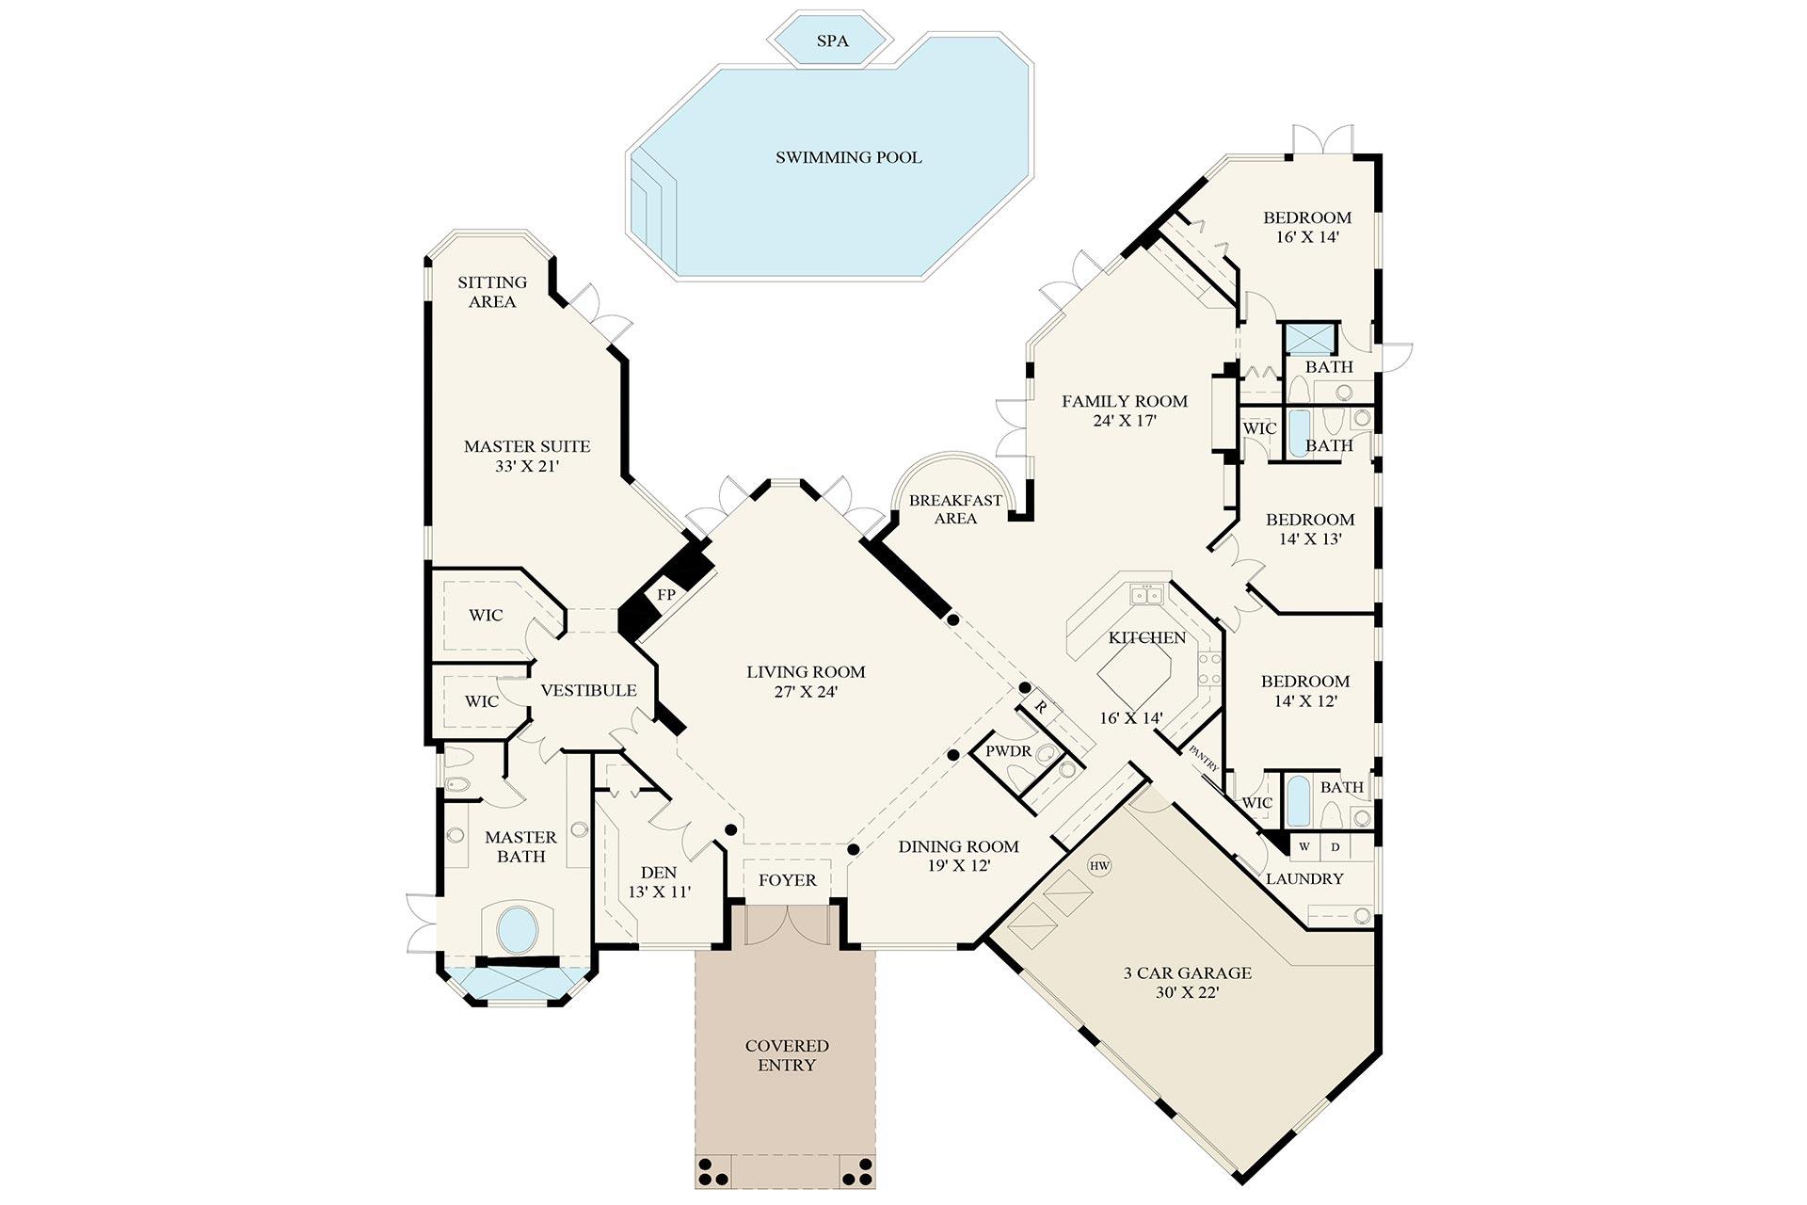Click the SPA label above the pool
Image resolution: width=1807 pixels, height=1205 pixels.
tap(832, 41)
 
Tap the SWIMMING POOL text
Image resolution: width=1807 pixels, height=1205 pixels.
tap(848, 157)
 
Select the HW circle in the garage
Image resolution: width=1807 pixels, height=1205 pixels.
tap(1099, 865)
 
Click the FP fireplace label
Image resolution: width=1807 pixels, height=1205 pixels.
tap(666, 595)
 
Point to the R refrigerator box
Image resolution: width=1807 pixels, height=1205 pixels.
tap(1041, 706)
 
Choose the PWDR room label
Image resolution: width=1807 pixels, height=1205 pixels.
tap(1008, 752)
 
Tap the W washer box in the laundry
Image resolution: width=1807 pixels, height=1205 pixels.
tap(1304, 846)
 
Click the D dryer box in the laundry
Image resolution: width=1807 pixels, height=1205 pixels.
tap(1335, 846)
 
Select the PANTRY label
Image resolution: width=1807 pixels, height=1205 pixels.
tap(1204, 759)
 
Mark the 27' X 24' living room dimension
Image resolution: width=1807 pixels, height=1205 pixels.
tap(806, 692)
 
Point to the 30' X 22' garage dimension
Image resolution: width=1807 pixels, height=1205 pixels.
tap(1187, 992)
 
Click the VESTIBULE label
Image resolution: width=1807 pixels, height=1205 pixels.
tap(588, 690)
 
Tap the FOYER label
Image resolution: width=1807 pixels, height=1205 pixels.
tap(787, 880)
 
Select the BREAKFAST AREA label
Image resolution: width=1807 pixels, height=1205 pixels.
tap(955, 509)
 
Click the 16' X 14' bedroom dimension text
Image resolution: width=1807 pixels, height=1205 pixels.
tap(1307, 237)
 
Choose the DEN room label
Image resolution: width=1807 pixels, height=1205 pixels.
tap(659, 873)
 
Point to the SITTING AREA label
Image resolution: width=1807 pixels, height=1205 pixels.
tap(492, 292)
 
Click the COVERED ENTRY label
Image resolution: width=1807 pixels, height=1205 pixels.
tap(787, 1055)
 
